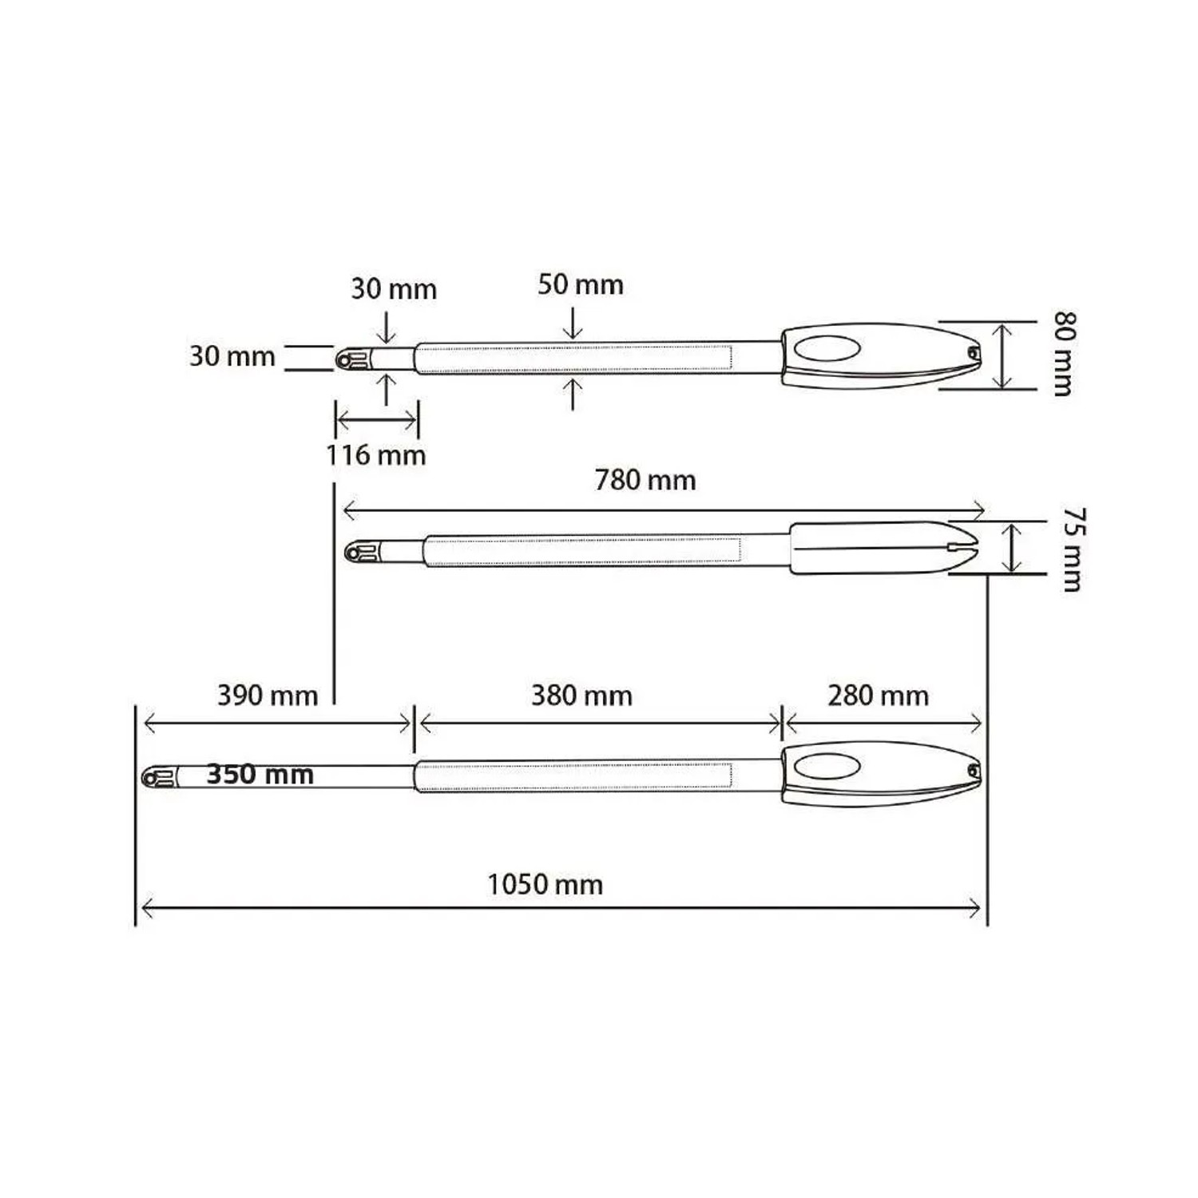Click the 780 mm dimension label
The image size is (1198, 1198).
click(x=645, y=480)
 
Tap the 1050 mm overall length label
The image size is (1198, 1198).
click(x=545, y=885)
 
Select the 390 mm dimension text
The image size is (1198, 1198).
click(x=268, y=696)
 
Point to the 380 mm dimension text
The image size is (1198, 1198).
click(x=581, y=696)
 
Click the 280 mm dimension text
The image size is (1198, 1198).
click(x=879, y=696)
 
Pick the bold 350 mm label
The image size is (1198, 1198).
click(x=260, y=775)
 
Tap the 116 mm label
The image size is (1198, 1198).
click(x=375, y=455)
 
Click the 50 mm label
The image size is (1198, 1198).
click(x=581, y=284)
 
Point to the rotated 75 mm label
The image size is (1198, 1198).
click(x=1072, y=549)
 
